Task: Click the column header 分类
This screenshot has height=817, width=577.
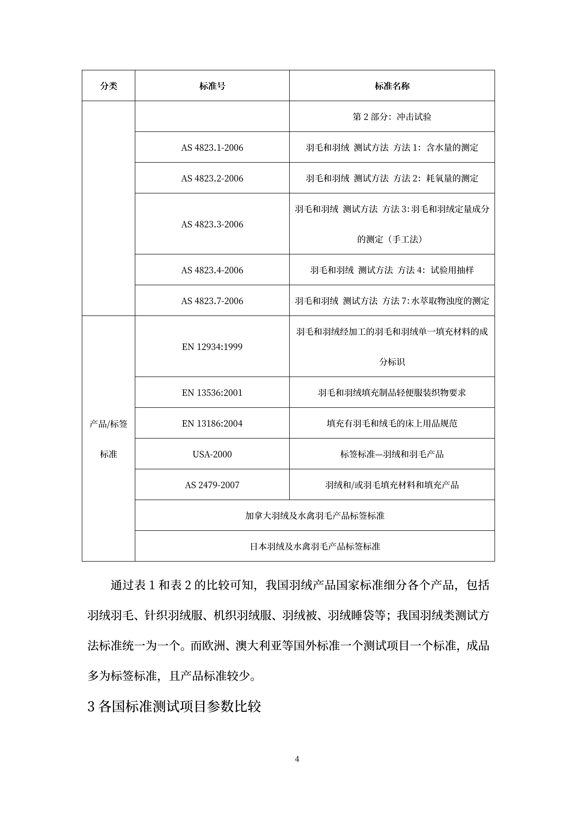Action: [x=108, y=86]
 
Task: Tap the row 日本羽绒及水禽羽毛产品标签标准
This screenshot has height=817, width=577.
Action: [x=315, y=546]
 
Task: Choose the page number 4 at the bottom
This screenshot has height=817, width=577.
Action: [x=297, y=759]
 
